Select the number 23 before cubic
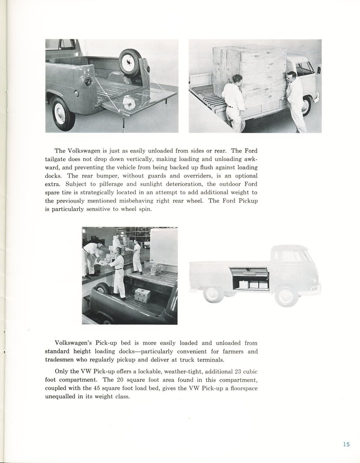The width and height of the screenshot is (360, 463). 238,372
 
